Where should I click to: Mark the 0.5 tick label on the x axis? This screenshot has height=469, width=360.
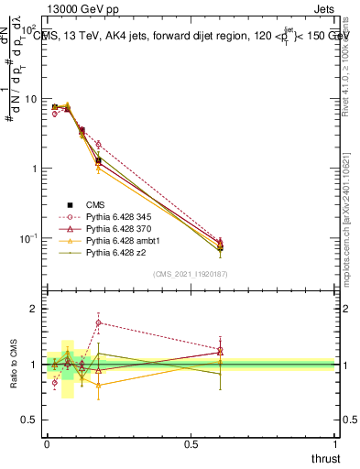(191, 444)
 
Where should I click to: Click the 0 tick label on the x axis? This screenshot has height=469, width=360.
(47, 444)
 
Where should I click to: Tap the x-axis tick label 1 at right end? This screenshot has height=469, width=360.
(335, 444)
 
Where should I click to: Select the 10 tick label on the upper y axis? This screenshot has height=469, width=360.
(31, 99)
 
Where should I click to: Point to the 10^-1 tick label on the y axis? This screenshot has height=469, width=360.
(29, 239)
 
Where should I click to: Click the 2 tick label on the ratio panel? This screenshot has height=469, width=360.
(37, 309)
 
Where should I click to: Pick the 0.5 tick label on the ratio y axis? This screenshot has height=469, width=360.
(32, 420)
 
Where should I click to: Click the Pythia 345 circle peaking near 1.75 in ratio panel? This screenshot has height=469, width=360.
(99, 322)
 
